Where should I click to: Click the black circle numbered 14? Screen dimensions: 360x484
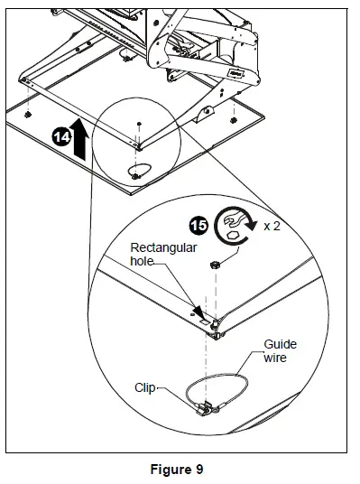[x=61, y=137]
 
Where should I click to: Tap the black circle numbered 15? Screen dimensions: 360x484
[x=198, y=226]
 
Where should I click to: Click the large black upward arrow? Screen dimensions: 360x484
[x=79, y=140]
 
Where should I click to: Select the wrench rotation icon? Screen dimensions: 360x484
[x=235, y=227]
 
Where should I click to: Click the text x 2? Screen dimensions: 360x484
[x=272, y=227]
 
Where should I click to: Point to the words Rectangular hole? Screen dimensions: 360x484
[x=163, y=254]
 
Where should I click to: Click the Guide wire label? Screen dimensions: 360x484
[x=280, y=351]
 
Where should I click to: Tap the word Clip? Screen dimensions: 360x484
[x=145, y=387]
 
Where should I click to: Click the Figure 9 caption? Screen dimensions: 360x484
[x=177, y=470]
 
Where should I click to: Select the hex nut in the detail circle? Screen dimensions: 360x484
[x=215, y=265]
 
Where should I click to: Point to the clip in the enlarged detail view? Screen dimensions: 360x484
[x=204, y=409]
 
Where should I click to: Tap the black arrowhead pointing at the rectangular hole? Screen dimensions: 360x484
[x=198, y=312]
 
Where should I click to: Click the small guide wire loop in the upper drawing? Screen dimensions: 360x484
[x=140, y=170]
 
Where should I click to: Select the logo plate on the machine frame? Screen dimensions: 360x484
[x=236, y=73]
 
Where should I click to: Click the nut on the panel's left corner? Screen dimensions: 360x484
[x=27, y=115]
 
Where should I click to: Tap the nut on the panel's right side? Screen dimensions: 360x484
[x=234, y=120]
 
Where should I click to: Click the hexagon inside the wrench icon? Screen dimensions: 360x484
[x=232, y=235]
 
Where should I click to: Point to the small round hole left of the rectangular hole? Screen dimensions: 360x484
[x=192, y=314]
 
